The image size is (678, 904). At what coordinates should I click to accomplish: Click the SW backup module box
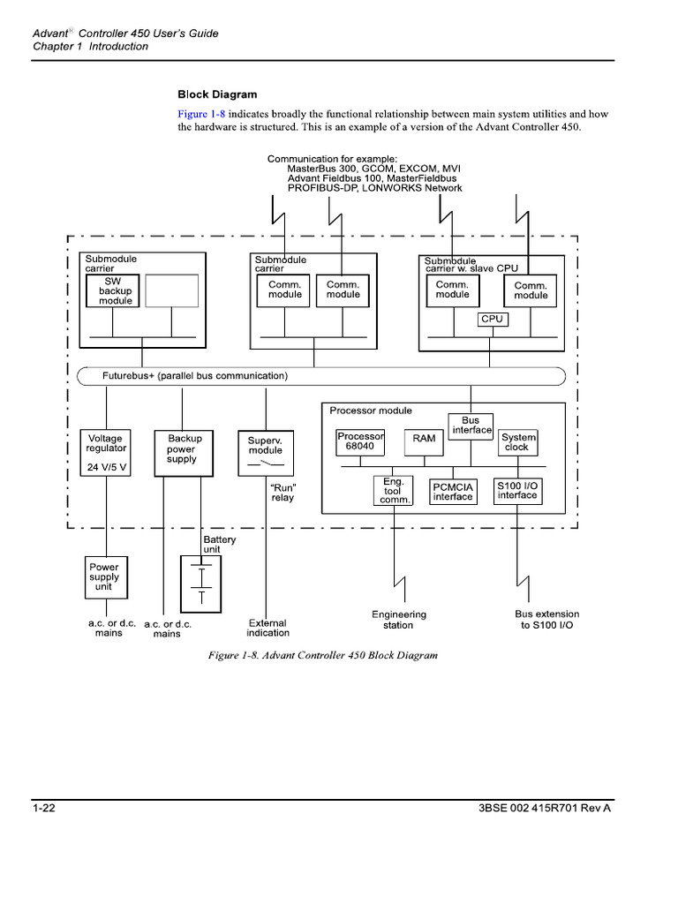115,290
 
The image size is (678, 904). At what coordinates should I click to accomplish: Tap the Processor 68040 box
360,441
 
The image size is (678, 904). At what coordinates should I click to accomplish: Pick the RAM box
424,441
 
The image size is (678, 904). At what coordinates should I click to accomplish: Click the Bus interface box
471,426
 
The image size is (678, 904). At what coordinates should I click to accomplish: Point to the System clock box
517,441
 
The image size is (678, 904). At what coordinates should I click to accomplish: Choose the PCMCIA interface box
453,492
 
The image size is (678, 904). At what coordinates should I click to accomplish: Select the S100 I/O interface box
517,491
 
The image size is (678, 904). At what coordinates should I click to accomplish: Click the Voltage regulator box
106,453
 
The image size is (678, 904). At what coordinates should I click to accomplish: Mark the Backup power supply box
184,453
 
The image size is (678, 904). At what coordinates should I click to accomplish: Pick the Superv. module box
265,453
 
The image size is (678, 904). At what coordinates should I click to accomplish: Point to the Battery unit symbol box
201,584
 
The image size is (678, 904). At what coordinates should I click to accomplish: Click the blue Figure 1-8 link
201,114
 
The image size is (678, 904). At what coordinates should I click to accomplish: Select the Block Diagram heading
217,94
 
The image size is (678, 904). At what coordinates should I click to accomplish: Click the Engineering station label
398,620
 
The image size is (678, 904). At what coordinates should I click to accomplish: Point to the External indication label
267,628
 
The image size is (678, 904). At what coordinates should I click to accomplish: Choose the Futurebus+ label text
194,376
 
